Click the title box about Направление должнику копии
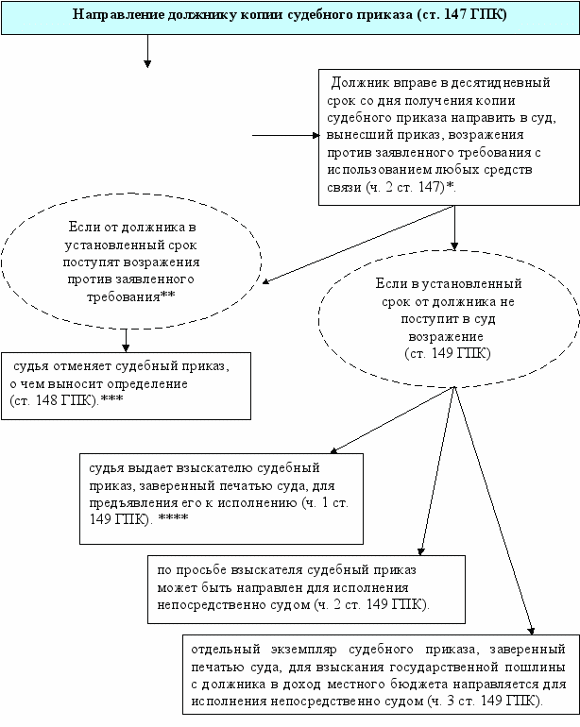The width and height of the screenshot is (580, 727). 290,17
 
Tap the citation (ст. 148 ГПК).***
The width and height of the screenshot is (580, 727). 66,401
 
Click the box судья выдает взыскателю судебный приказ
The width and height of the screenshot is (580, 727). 222,499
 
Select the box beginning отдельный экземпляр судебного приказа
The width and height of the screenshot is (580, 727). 378,675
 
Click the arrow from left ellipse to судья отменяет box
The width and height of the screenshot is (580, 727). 125,339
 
